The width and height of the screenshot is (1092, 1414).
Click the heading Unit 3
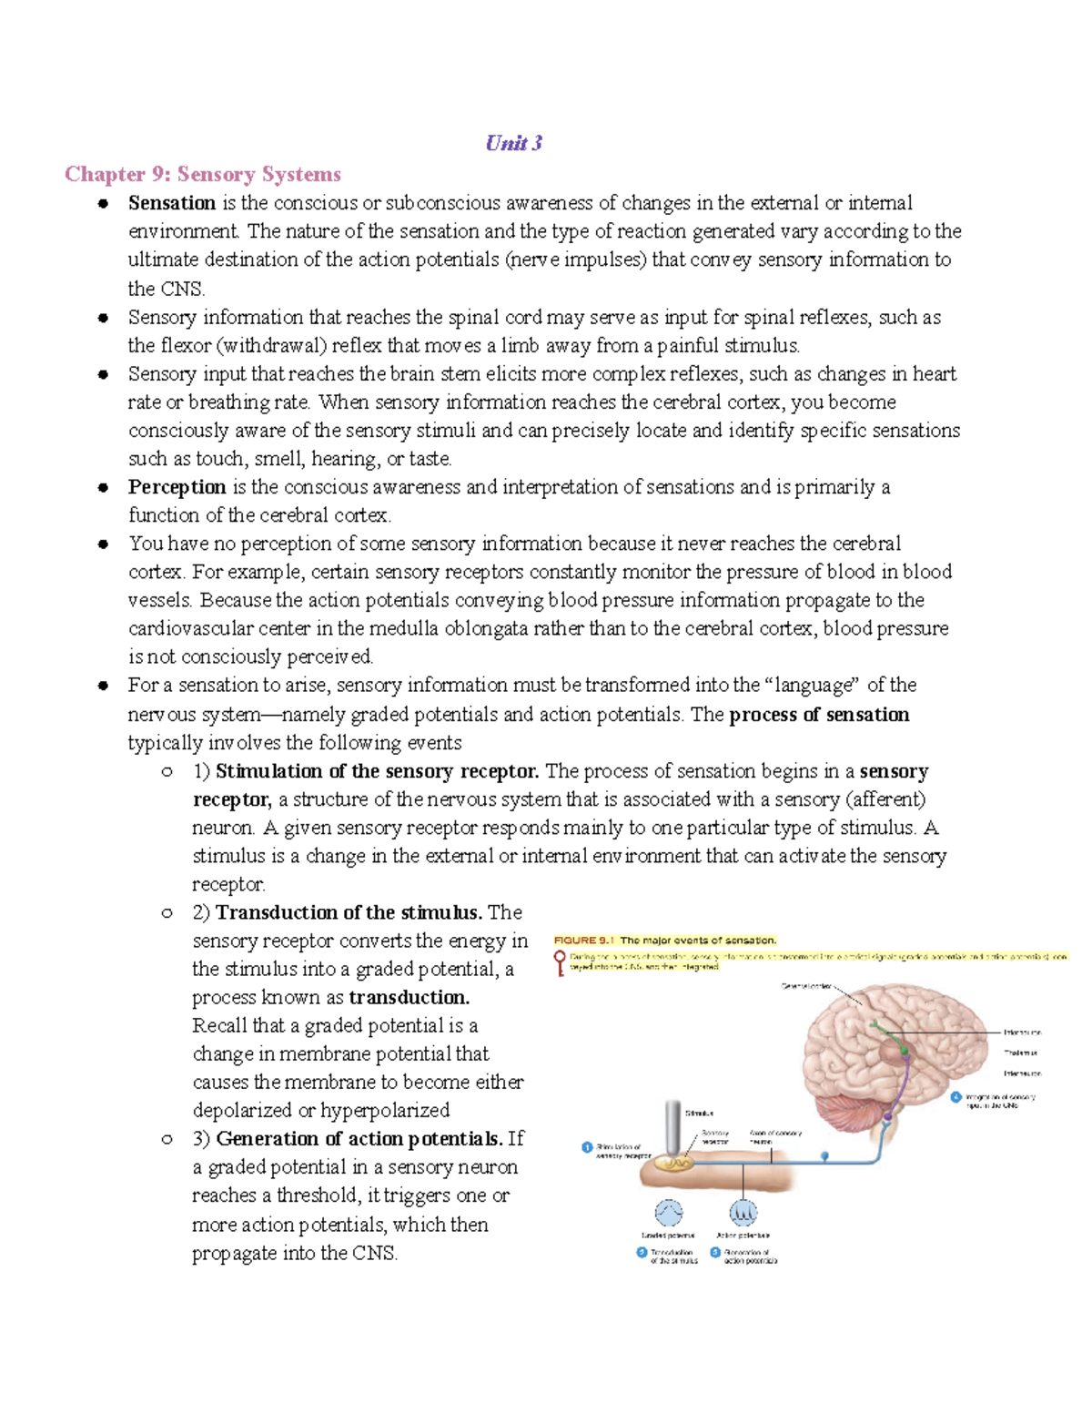click(x=514, y=143)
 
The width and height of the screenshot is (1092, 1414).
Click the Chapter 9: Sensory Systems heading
click(x=203, y=174)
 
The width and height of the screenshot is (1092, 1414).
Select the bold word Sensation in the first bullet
click(x=172, y=202)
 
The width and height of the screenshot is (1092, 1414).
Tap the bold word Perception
click(x=177, y=486)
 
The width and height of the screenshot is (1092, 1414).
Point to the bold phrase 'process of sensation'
click(x=819, y=714)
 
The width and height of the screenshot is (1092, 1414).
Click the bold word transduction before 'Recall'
click(x=409, y=997)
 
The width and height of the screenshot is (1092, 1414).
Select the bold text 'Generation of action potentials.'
click(x=359, y=1138)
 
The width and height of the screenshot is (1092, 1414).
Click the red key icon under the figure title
click(x=560, y=961)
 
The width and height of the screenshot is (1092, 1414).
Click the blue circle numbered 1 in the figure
click(x=587, y=1147)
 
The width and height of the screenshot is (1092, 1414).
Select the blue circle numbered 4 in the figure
click(x=956, y=1097)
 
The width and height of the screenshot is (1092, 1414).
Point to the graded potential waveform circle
click(x=669, y=1213)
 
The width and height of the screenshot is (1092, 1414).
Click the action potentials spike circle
click(x=743, y=1213)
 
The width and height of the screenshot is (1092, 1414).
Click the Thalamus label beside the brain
click(x=1021, y=1053)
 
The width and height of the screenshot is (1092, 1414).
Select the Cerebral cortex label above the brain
click(x=806, y=986)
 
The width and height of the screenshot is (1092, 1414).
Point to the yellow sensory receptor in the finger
click(x=675, y=1164)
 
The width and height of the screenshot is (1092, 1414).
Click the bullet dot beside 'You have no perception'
click(x=104, y=544)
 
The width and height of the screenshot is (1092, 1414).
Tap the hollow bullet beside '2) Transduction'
click(x=167, y=912)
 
